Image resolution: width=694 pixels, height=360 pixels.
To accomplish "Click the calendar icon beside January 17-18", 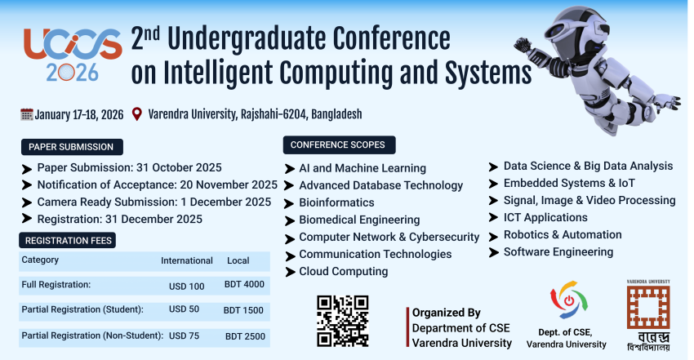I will click(26, 114).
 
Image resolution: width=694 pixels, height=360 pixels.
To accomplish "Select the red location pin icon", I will click(136, 114).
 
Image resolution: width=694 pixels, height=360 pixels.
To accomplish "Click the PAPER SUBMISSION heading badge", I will click(72, 147).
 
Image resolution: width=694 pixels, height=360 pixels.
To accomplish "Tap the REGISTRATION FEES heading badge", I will click(69, 240).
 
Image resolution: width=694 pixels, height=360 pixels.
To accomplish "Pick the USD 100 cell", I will click(186, 286).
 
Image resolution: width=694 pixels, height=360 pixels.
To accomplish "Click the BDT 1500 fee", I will click(244, 310).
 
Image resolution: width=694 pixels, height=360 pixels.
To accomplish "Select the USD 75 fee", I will click(185, 336).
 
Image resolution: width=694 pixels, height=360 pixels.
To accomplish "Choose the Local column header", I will click(238, 261).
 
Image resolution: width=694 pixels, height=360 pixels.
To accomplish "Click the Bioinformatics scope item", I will click(336, 202).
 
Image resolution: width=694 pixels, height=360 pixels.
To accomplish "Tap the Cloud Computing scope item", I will click(343, 271).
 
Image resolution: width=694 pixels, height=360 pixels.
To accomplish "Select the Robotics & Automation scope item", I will click(562, 235).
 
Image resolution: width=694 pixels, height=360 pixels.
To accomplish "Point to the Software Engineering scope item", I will click(558, 252).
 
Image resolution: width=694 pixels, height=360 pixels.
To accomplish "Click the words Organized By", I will click(446, 313).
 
